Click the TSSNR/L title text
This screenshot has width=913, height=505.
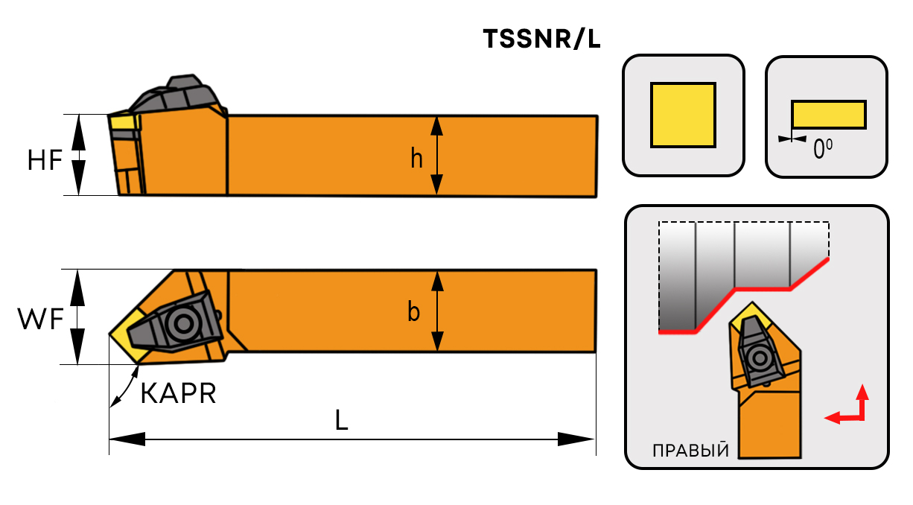(x=541, y=39)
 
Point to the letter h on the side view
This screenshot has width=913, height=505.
(x=417, y=157)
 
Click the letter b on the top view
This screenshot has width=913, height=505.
(x=414, y=312)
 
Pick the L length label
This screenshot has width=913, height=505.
(x=341, y=422)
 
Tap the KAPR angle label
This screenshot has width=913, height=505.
(x=178, y=393)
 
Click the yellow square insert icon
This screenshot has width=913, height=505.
(x=683, y=114)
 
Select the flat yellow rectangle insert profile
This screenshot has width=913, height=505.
(x=828, y=114)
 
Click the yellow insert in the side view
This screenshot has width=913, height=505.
(x=123, y=122)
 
